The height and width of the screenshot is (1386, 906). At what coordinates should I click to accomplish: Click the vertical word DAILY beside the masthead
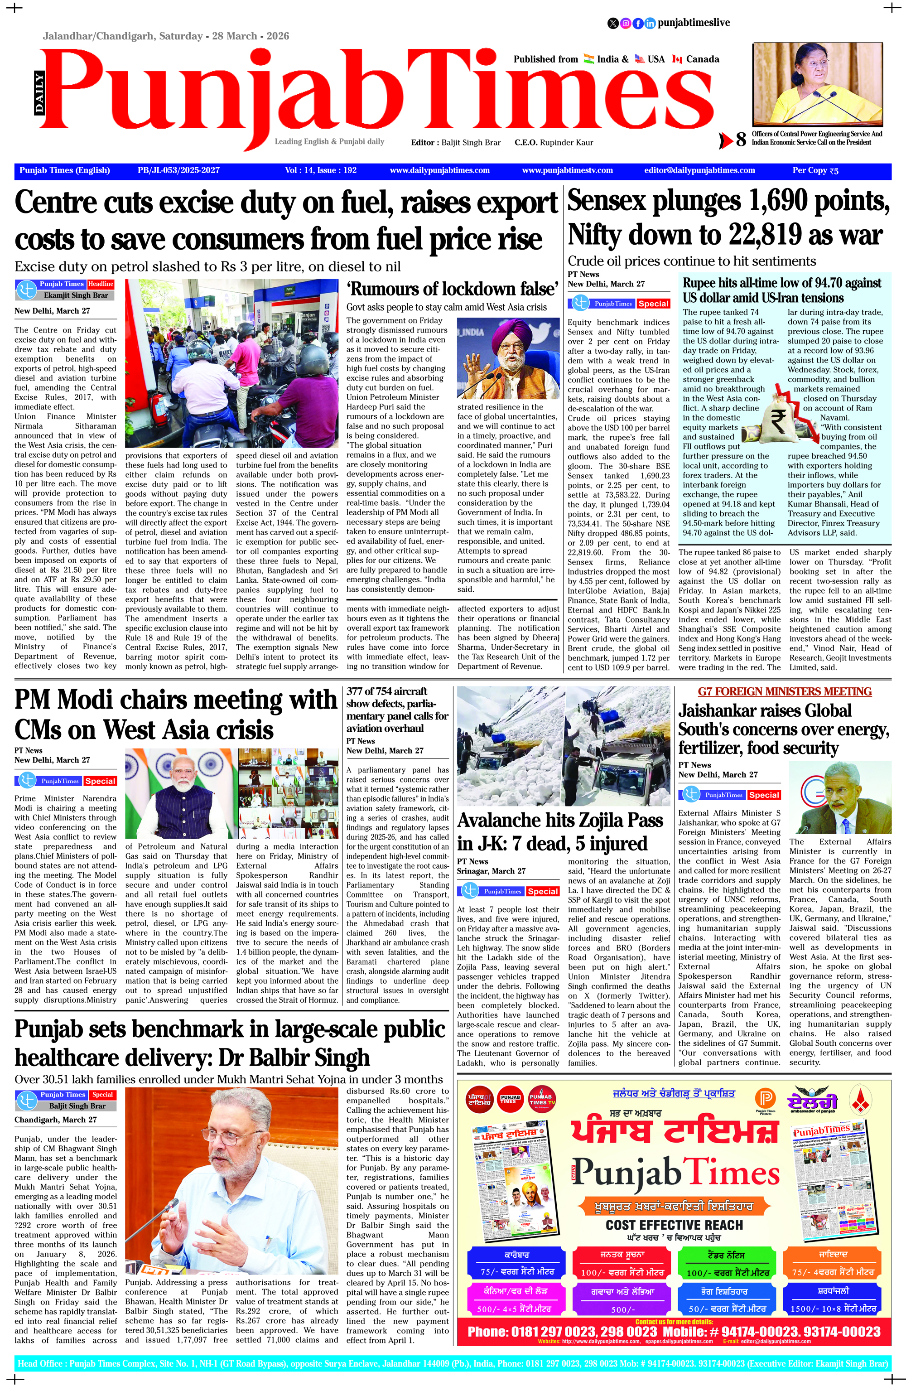coord(39,93)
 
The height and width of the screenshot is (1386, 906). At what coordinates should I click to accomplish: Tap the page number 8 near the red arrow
coord(741,140)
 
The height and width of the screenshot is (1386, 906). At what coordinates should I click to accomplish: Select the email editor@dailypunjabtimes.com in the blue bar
coord(699,171)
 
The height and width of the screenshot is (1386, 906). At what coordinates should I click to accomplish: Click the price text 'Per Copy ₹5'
coord(815,171)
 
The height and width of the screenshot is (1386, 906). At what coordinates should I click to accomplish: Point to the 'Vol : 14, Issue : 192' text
coord(320,171)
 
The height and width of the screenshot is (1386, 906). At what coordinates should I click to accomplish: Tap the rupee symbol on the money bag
coord(779,417)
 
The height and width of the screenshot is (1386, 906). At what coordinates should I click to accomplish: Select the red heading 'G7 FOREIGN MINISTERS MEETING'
coord(784,692)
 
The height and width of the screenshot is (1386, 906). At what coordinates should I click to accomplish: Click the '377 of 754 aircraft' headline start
coord(386,691)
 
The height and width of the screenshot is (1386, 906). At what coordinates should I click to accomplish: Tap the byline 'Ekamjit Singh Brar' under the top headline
coord(76,295)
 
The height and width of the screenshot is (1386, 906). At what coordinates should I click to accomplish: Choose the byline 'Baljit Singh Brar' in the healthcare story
coord(77,1106)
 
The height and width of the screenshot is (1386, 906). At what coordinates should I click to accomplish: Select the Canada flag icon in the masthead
coord(677,59)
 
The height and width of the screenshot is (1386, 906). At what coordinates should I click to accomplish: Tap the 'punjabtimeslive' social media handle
coord(694,23)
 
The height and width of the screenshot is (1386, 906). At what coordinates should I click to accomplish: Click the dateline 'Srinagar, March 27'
coord(491,871)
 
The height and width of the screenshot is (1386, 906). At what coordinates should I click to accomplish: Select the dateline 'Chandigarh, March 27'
coord(55,1120)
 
